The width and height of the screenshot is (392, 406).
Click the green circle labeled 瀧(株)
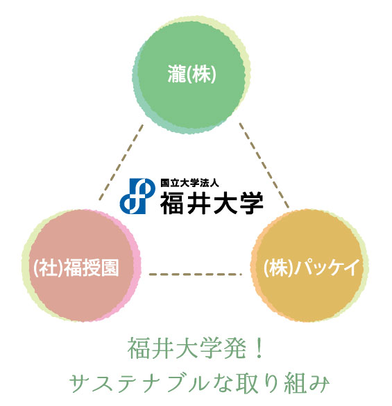(x=191, y=75)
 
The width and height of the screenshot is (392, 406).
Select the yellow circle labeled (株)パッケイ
(x=309, y=266)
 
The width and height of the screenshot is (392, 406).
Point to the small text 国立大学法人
(x=189, y=183)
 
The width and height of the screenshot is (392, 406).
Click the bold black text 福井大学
(x=212, y=203)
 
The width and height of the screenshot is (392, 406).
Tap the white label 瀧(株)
(x=191, y=74)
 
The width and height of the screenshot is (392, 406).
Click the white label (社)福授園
(x=76, y=267)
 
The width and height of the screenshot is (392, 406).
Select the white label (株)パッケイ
(x=312, y=267)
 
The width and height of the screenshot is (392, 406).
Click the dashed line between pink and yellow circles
(x=196, y=274)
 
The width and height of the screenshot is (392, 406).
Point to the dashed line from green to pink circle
(x=121, y=163)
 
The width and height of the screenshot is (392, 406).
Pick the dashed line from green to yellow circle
(x=264, y=165)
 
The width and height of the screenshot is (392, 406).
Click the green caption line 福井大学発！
(x=196, y=348)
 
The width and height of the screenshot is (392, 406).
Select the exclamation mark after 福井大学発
(x=258, y=348)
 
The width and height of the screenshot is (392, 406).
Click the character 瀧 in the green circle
(x=177, y=74)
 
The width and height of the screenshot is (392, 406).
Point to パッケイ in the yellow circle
(x=327, y=267)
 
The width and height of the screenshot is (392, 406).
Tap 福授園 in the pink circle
(x=92, y=267)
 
